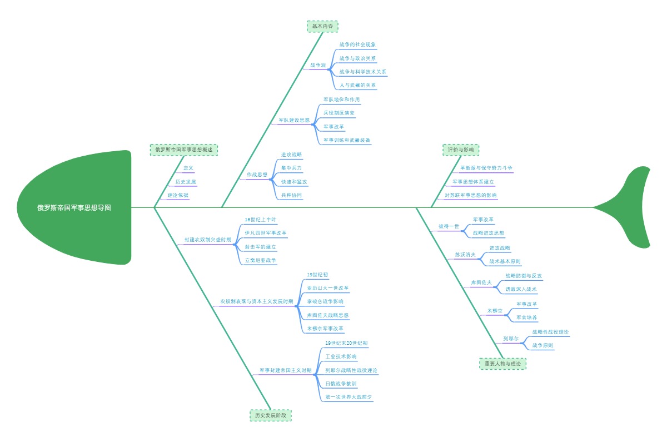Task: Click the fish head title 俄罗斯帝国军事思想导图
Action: tap(74, 207)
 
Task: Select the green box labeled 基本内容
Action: tap(322, 26)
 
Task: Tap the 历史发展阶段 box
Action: tap(271, 415)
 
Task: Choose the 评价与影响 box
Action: tap(461, 149)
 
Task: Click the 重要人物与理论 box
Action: tap(502, 364)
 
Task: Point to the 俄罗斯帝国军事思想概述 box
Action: tap(184, 150)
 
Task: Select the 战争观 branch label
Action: tap(318, 65)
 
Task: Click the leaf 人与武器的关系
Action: tap(358, 86)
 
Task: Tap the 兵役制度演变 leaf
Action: tap(339, 113)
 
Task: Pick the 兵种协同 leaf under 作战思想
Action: tap(292, 195)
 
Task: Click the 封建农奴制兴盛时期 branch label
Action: tap(208, 240)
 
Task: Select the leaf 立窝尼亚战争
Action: tap(261, 260)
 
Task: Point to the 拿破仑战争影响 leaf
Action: tap(325, 301)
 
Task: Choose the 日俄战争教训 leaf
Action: tap(341, 384)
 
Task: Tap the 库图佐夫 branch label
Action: tap(481, 282)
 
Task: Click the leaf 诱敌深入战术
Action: tap(521, 289)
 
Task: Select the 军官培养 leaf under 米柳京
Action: tap(527, 317)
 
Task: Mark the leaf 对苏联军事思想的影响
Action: tap(471, 195)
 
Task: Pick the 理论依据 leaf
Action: tap(178, 195)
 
